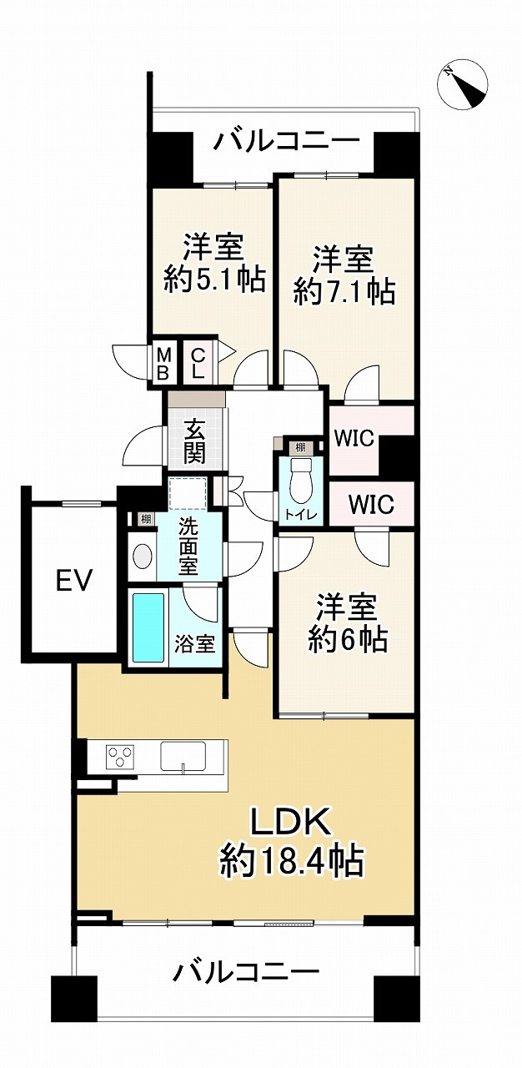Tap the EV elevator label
coord(74,579)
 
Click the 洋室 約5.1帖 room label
coord(214,264)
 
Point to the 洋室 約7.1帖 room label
coord(344,275)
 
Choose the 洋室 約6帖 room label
coord(347,622)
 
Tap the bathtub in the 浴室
coord(148,627)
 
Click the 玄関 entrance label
coord(194,442)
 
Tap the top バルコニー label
coord(286,140)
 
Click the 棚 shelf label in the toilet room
coord(299,448)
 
